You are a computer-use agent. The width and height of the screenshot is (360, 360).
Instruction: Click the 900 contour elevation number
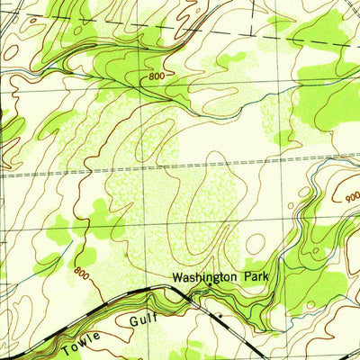349,193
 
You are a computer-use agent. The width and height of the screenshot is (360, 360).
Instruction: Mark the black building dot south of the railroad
218,316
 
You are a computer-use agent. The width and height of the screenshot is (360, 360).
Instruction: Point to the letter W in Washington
178,279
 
